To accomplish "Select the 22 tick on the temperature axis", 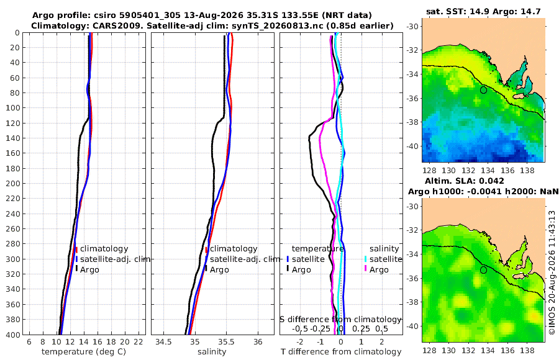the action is pyautogui.click(x=139, y=342).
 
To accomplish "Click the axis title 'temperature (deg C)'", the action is pyautogui.click(x=84, y=352).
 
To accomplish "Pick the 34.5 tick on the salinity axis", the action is pyautogui.click(x=163, y=342).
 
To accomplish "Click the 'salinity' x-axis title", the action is pyautogui.click(x=212, y=352).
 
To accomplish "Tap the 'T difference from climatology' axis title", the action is pyautogui.click(x=341, y=352).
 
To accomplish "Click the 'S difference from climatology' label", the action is pyautogui.click(x=341, y=320).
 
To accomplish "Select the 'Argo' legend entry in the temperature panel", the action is pyautogui.click(x=89, y=270).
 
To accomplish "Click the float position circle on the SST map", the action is pyautogui.click(x=483, y=90).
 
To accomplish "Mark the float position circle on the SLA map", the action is pyautogui.click(x=483, y=270).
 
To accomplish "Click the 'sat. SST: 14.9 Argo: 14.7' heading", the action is pyautogui.click(x=483, y=12).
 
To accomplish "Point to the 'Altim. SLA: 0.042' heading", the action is pyautogui.click(x=465, y=181).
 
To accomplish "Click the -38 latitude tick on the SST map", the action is pyautogui.click(x=412, y=122).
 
